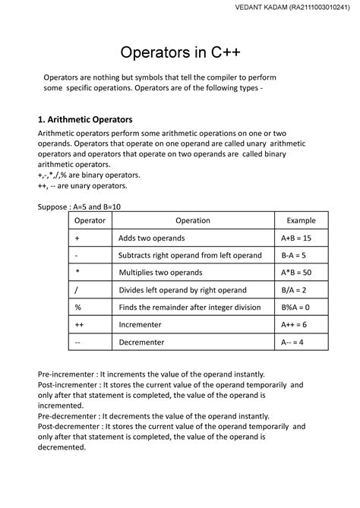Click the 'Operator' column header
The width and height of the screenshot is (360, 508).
[90, 220]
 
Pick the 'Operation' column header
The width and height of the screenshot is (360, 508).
[192, 220]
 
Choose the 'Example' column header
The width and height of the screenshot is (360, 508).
[301, 220]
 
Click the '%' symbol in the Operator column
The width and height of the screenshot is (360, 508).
[77, 308]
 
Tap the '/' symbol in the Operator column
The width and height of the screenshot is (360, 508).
[77, 290]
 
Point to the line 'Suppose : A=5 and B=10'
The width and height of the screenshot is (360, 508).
[84, 206]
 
